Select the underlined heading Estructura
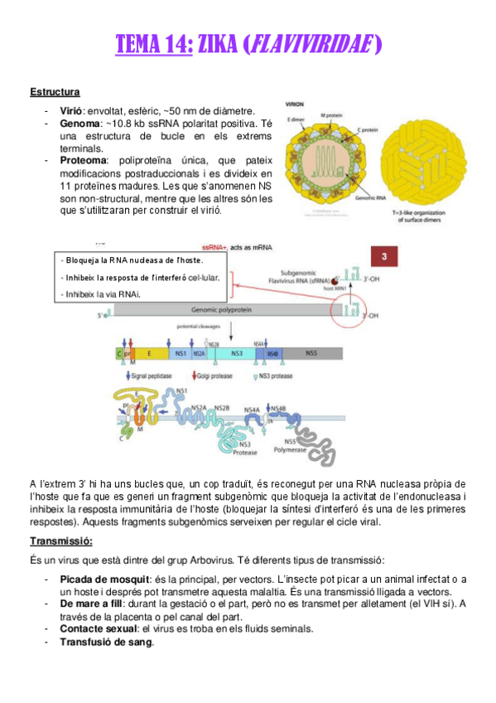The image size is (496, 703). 55,91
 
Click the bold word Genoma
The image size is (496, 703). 80,123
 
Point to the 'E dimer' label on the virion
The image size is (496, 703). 295,119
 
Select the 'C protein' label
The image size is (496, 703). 369,129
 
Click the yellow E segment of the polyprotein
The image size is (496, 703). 149,352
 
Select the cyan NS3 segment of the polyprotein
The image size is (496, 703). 238,352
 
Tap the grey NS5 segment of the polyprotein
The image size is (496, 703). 311,352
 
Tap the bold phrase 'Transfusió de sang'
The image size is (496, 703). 106,642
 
